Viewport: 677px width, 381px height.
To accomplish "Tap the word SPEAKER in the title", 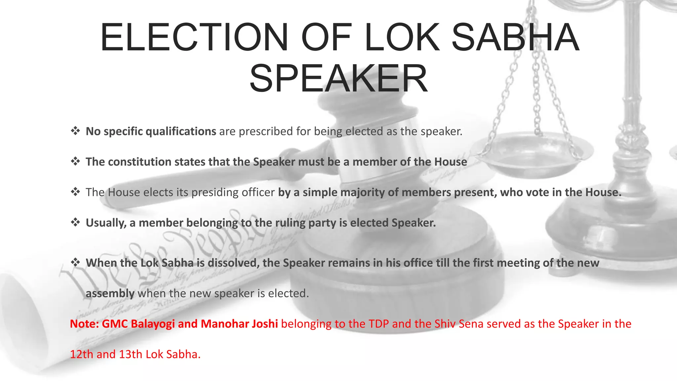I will click(338, 79).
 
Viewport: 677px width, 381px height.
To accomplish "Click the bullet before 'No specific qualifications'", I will click(75, 131).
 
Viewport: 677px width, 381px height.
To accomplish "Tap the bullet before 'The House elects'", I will click(75, 192).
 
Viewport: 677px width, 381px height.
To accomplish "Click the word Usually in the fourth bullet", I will click(106, 223).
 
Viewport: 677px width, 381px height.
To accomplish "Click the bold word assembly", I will click(110, 294).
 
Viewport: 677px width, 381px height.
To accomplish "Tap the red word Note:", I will click(84, 324).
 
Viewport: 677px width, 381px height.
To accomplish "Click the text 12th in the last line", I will click(81, 354).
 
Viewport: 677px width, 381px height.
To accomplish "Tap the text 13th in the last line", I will click(130, 354).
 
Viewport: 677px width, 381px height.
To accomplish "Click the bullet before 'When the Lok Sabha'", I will click(75, 263).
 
